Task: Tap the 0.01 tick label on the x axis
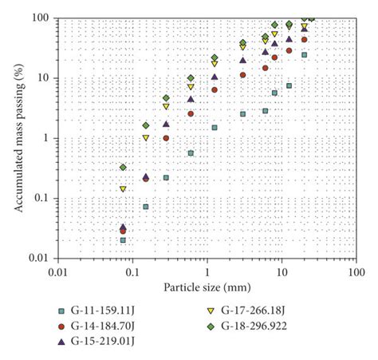[x=57, y=272]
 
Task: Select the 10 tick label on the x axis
[x=282, y=272]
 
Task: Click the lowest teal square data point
[x=123, y=239]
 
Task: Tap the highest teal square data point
[x=304, y=55]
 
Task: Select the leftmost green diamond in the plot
[x=123, y=167]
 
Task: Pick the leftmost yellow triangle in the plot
[x=123, y=189]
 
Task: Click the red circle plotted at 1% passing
[x=166, y=138]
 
